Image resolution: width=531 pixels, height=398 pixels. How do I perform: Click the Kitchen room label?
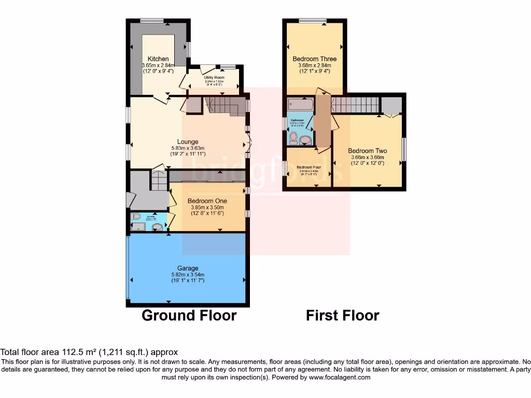pos(158,59)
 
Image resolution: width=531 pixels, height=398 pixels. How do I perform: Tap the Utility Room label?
pos(214,77)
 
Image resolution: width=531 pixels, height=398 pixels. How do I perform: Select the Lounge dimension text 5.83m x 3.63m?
pos(188,148)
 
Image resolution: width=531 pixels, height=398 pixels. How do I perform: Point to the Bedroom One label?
pos(207,201)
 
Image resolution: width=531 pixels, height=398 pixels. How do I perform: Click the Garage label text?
pos(188,268)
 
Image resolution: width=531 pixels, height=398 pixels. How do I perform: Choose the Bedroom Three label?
pos(314,59)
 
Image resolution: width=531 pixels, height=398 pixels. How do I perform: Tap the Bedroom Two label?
pos(367,151)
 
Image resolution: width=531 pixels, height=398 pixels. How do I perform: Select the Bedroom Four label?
pos(309,167)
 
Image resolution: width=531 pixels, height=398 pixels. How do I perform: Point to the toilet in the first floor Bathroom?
pos(293,138)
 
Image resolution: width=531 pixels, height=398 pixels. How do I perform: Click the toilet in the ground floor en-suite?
pos(136,217)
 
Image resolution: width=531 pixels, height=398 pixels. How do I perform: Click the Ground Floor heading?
pos(189,315)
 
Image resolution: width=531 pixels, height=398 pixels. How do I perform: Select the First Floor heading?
pos(342,315)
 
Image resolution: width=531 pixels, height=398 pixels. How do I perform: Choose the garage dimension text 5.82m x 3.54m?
pos(188,275)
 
